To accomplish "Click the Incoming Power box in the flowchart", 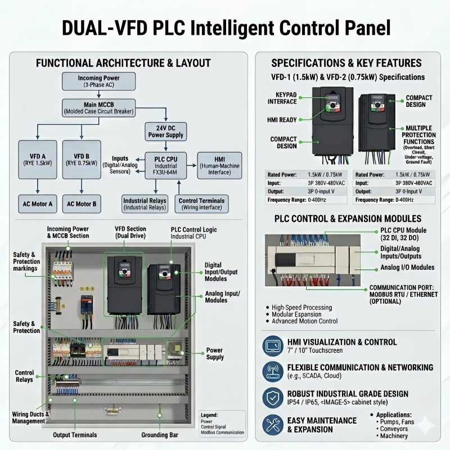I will click(98, 81).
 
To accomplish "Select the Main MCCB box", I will click(98, 107).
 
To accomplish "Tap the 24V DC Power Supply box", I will click(166, 132).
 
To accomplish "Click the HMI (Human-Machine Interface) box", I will click(219, 165).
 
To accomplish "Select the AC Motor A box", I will click(37, 204).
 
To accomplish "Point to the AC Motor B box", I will click(82, 204).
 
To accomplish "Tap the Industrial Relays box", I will click(145, 204).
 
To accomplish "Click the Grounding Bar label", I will click(160, 435).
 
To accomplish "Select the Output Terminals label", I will click(75, 435).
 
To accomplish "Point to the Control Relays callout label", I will click(24, 376).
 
